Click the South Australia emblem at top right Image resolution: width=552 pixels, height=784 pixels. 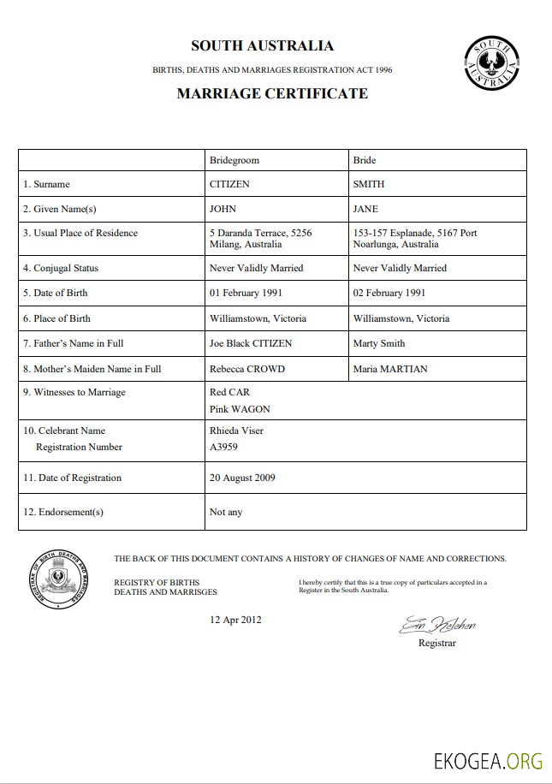(x=491, y=63)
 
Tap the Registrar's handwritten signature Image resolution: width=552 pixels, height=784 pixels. (x=437, y=625)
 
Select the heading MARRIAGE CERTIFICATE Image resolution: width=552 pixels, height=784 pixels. (x=272, y=94)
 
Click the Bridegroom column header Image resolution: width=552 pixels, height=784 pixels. (x=234, y=160)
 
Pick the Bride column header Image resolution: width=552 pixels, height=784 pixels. (x=364, y=160)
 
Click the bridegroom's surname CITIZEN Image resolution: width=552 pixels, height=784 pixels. (x=230, y=184)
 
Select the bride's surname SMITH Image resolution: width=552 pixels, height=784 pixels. (x=369, y=184)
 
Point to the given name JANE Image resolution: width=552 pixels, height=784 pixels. (x=365, y=209)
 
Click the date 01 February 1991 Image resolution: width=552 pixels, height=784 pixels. (x=246, y=293)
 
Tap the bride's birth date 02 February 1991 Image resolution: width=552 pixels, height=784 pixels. (x=389, y=293)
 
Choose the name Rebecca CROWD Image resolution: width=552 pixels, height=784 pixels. (x=247, y=369)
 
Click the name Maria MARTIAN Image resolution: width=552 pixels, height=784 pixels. (x=390, y=369)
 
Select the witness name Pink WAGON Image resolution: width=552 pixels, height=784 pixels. (x=239, y=410)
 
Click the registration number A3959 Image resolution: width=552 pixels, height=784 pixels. (x=224, y=447)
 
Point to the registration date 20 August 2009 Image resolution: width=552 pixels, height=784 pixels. (x=242, y=478)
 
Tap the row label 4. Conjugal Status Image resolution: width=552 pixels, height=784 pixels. (x=61, y=268)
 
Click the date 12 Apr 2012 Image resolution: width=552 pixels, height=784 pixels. (x=235, y=620)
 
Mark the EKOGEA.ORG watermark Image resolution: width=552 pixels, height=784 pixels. (x=489, y=761)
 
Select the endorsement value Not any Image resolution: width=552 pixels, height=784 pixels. (x=226, y=512)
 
